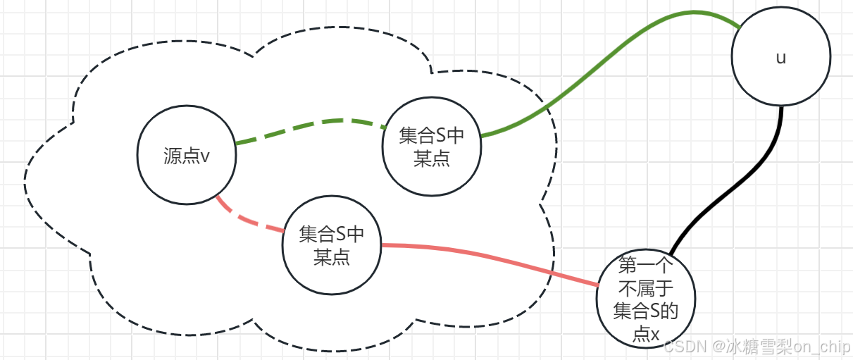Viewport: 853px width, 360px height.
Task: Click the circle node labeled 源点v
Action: pos(186,156)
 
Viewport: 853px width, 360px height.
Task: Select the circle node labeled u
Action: pos(780,58)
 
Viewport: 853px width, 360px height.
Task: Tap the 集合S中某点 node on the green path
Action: pos(431,147)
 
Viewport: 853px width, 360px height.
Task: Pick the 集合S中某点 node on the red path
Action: pos(331,244)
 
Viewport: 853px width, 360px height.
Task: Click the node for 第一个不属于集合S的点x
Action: pos(646,299)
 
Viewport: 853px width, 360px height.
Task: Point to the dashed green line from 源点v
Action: pos(310,124)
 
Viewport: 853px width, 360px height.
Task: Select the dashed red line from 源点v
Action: pos(247,218)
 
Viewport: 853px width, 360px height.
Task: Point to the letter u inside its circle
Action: pos(780,58)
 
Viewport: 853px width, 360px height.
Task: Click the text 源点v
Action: pos(186,156)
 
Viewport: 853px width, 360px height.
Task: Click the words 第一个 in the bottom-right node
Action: pos(646,266)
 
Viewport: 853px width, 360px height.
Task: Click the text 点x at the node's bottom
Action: pos(646,334)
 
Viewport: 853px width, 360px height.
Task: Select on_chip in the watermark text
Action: pos(822,347)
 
